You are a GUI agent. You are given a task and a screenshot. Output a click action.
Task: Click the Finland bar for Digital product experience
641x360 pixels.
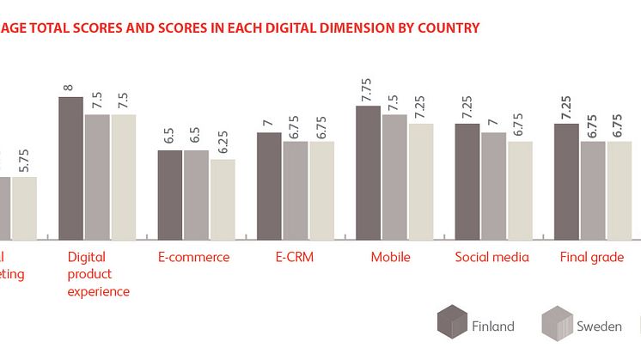click(x=70, y=168)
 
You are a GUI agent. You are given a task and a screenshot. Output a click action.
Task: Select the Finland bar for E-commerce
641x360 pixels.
click(x=169, y=194)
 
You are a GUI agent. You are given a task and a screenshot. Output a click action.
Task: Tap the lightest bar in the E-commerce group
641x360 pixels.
click(x=223, y=198)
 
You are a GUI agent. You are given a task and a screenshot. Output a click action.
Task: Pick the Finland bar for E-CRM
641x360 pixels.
click(x=269, y=186)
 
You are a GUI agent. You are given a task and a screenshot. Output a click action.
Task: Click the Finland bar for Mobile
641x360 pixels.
click(x=369, y=172)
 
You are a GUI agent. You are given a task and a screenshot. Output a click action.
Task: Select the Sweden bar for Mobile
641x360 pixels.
click(x=394, y=176)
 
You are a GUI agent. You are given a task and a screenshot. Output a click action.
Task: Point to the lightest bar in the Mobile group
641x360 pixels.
click(x=421, y=180)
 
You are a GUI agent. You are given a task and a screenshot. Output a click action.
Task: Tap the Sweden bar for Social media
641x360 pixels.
click(x=494, y=186)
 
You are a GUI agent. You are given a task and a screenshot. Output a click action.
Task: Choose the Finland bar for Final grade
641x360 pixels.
click(x=566, y=181)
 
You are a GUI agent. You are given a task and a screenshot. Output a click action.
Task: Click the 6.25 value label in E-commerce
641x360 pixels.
click(x=223, y=141)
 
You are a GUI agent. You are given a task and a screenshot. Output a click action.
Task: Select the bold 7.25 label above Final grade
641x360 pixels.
click(x=566, y=107)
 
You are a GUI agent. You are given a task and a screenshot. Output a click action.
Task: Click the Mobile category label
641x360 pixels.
click(x=390, y=257)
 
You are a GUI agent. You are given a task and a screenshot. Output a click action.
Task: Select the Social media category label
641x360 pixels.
click(x=491, y=257)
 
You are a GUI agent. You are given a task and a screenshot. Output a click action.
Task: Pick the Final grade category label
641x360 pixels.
click(x=591, y=257)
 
